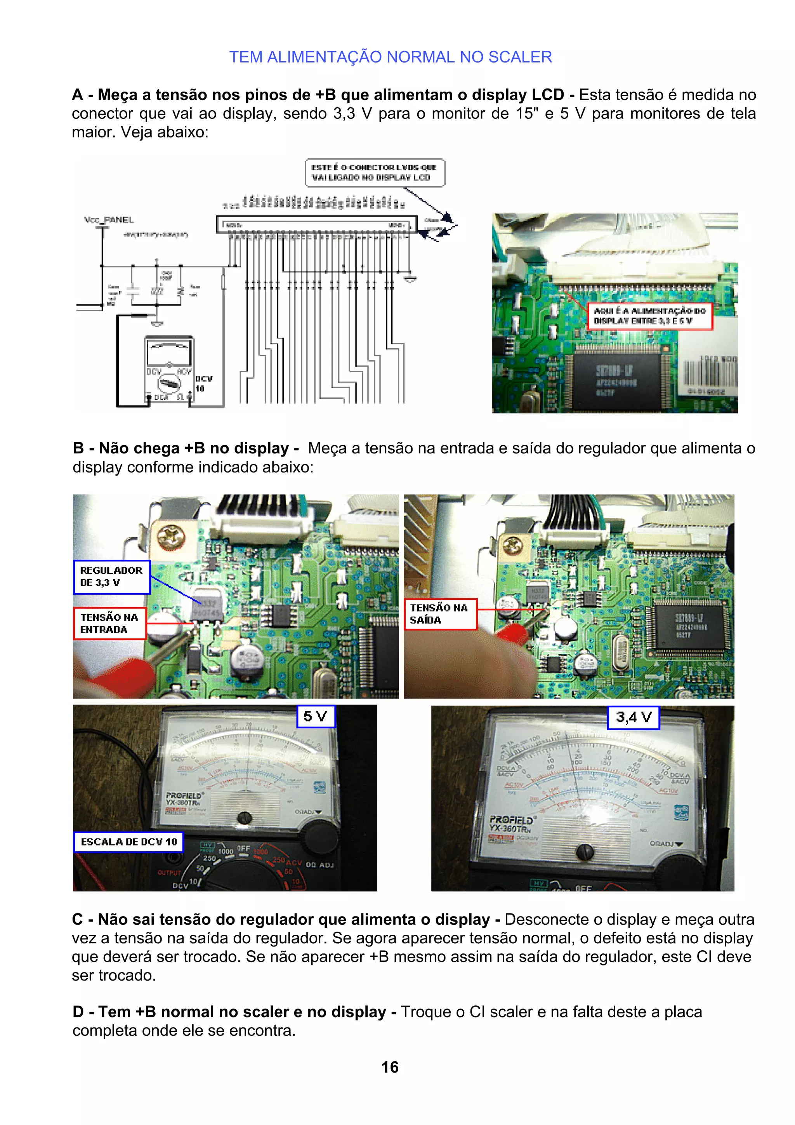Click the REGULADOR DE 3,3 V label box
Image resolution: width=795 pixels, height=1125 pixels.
(112, 577)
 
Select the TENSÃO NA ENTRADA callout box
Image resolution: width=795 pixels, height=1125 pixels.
(110, 623)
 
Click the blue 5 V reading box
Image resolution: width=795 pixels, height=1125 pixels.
(316, 716)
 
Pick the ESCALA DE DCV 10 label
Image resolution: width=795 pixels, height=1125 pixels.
(128, 842)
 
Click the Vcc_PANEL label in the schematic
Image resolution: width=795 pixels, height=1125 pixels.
(109, 220)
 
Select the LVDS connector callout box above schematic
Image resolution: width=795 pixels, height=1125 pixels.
(375, 172)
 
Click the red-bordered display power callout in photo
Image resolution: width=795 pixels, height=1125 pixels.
(649, 316)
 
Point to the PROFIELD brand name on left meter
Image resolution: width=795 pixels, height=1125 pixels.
(184, 795)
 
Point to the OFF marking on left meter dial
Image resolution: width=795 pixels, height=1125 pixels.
(243, 848)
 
